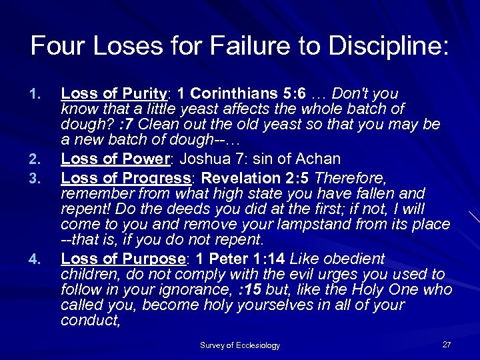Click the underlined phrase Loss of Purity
pyautogui.click(x=111, y=93)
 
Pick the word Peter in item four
pyautogui.click(x=235, y=259)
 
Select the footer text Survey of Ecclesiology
pyautogui.click(x=240, y=345)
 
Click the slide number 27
pyautogui.click(x=446, y=344)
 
